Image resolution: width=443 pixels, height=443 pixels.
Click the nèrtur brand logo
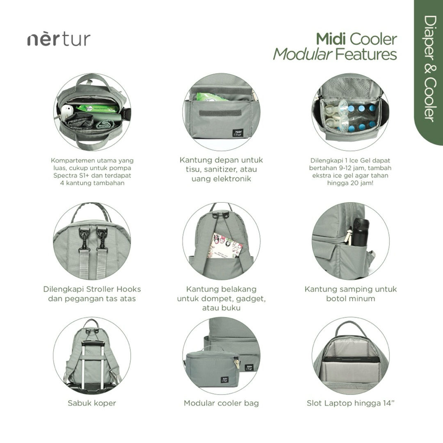[59, 39]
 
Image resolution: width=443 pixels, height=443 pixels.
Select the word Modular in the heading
[302, 54]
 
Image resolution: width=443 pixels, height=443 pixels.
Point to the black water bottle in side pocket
[360, 232]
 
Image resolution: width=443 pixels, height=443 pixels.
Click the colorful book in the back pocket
[225, 246]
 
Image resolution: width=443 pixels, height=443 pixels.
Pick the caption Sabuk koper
[92, 403]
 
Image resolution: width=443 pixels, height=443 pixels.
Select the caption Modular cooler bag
[221, 403]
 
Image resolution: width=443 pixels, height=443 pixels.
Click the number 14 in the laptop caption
[387, 403]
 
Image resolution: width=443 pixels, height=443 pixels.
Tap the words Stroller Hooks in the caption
[113, 289]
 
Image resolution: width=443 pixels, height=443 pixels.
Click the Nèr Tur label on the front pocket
[238, 133]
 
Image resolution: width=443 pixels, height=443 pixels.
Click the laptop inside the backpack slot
[352, 360]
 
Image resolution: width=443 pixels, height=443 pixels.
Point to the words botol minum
[351, 299]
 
